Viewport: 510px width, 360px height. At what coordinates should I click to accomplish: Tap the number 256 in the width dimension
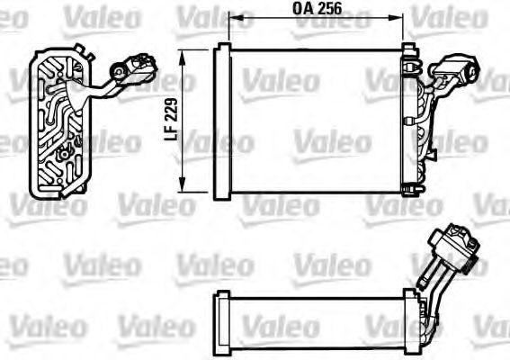[x=328, y=11]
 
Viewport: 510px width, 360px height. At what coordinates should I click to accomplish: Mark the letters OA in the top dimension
[x=301, y=11]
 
